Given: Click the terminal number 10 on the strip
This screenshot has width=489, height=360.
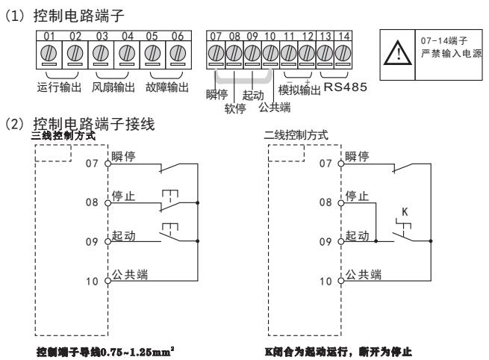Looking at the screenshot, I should tap(270, 35).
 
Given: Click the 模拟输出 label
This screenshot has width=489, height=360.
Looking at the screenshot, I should tap(299, 91).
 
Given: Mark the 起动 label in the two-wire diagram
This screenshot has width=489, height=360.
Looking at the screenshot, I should tap(357, 236).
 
